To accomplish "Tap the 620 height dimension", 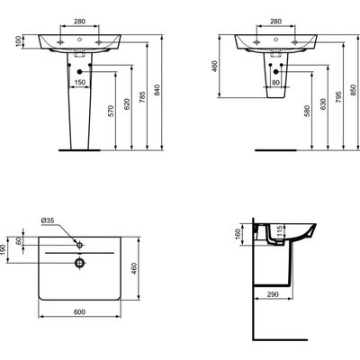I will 128,104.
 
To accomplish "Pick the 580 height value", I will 309,109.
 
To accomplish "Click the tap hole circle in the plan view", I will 80,244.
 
